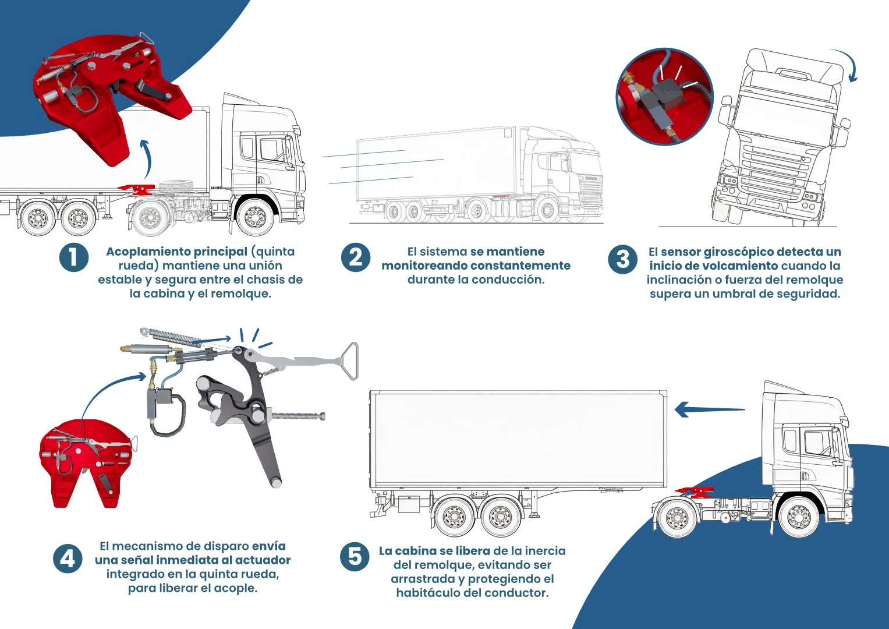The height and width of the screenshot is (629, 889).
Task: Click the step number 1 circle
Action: (74, 257)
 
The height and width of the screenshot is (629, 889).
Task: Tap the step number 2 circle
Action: (355, 257)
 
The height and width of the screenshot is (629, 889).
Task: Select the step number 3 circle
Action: (622, 259)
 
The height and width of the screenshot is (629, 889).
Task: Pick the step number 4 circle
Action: (68, 559)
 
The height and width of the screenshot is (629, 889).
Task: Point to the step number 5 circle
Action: (355, 557)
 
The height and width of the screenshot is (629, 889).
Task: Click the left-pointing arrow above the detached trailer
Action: (709, 409)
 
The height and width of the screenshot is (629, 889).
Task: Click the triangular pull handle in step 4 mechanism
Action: (348, 361)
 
